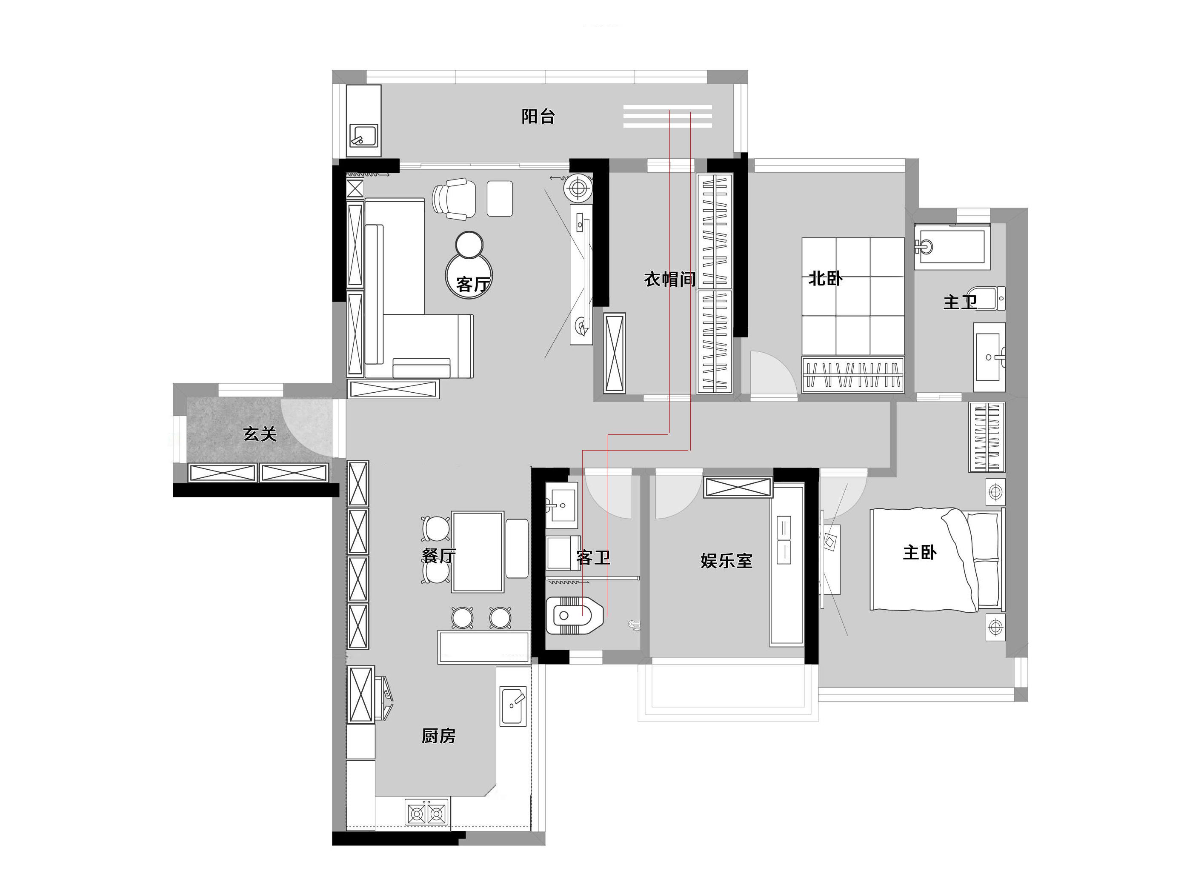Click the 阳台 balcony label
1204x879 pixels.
point(538,117)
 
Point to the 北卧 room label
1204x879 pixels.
point(825,278)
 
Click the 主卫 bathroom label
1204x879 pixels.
point(960,302)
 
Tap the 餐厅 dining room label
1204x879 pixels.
point(439,556)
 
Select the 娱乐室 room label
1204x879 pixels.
point(726,561)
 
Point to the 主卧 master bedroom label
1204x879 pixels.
point(919,552)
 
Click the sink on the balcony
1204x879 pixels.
point(363,136)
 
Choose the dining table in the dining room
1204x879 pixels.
point(478,552)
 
